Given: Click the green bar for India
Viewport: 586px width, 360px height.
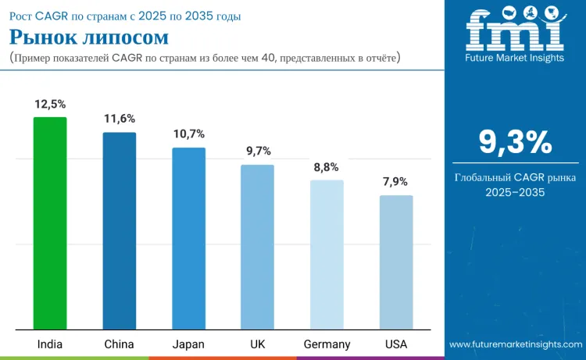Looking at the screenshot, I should point(50,223).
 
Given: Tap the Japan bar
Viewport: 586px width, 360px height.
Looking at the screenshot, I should point(188,238).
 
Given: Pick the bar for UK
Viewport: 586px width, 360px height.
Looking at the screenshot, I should point(257,247).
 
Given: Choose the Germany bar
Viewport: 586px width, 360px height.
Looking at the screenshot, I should point(327,255).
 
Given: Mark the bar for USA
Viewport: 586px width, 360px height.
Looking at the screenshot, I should point(396,262).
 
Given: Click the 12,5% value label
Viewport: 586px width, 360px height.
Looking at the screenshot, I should point(50,104).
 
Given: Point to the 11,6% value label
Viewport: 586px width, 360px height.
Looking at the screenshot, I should point(120,119).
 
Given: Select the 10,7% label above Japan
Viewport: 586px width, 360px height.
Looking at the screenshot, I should point(188,134).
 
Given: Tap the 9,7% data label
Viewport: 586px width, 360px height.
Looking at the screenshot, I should point(257,151).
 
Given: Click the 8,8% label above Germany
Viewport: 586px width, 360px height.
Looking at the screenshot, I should point(327,166).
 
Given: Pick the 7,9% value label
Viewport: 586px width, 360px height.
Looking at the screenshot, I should point(396,181).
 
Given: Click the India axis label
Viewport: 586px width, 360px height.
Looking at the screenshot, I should point(50,344).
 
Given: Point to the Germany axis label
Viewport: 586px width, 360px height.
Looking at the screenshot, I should point(327,344).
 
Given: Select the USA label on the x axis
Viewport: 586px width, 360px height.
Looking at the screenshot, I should point(396,344).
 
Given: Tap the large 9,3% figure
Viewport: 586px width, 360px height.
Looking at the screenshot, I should point(515,143).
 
